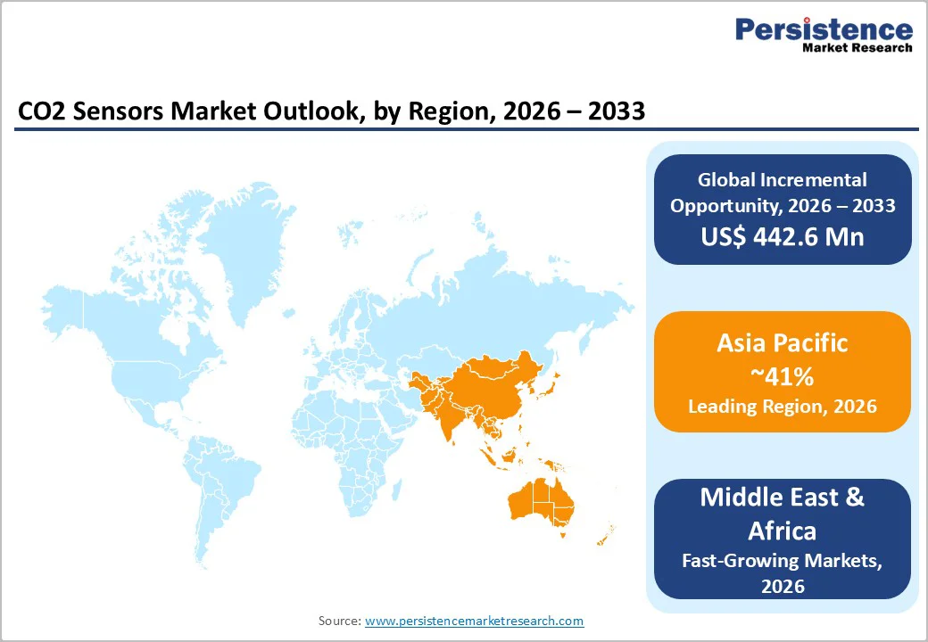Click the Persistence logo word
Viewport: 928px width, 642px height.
coord(823,29)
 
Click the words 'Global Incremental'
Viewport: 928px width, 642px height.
coord(782,180)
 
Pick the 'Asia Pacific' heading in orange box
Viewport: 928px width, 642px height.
coord(782,342)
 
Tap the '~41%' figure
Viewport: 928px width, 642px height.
coord(782,375)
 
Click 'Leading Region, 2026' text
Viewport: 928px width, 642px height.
coord(782,407)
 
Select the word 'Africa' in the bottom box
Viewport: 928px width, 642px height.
coord(782,531)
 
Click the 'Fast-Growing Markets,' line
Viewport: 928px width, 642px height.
coord(782,561)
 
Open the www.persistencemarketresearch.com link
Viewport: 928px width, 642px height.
coord(474,621)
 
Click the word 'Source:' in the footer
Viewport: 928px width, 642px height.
coord(340,621)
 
